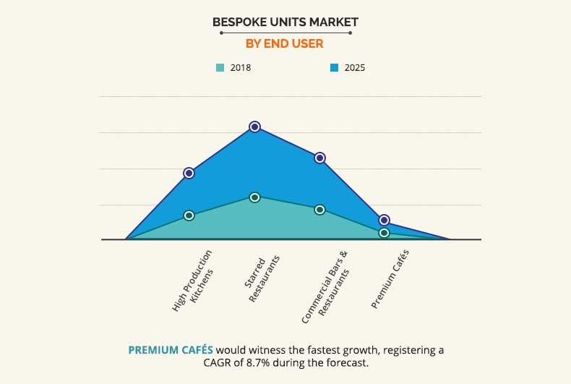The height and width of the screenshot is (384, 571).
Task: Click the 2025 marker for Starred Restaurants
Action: [x=254, y=127]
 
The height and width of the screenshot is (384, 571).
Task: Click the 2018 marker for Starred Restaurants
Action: [x=254, y=197]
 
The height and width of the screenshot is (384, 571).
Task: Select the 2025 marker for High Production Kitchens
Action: [x=189, y=173]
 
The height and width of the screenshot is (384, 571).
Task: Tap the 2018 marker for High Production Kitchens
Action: [x=189, y=215]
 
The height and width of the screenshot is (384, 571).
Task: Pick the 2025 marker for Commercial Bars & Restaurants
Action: [x=319, y=158]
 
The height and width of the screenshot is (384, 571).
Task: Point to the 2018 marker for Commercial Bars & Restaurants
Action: [x=319, y=209]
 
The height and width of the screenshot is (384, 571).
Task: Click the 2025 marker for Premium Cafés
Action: [x=385, y=220]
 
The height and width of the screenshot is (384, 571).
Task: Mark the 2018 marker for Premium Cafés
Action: [x=385, y=233]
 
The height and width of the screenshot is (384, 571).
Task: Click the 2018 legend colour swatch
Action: [x=220, y=68]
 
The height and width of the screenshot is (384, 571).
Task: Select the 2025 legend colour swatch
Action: [x=334, y=68]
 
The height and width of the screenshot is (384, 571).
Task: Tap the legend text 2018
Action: [x=241, y=68]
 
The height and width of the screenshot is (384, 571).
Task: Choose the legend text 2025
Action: [x=354, y=68]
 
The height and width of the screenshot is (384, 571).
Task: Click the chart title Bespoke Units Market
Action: [x=285, y=22]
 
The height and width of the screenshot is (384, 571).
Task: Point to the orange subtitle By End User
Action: [x=285, y=43]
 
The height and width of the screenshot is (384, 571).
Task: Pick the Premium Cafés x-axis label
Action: [x=390, y=278]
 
